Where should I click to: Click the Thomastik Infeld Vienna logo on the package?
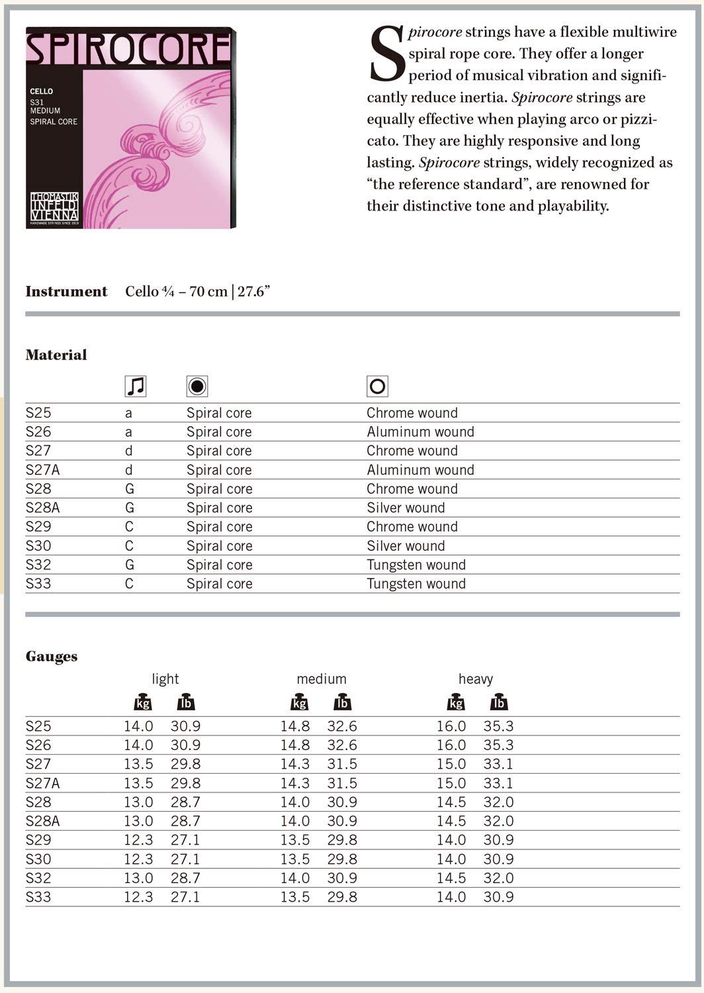54,206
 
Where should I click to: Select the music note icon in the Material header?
136,386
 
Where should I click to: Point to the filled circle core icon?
197,386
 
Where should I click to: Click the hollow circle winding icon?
377,386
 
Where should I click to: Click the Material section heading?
56,355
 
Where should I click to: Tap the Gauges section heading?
52,657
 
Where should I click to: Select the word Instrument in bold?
66,292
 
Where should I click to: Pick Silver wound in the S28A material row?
406,508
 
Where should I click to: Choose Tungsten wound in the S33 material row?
416,584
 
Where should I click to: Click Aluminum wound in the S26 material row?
420,432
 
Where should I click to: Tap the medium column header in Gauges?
322,679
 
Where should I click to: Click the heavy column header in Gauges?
476,679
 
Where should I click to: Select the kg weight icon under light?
143,703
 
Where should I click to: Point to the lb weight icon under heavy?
499,703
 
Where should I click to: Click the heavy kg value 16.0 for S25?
451,726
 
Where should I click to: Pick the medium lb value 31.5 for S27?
342,764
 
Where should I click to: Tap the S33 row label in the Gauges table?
38,898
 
